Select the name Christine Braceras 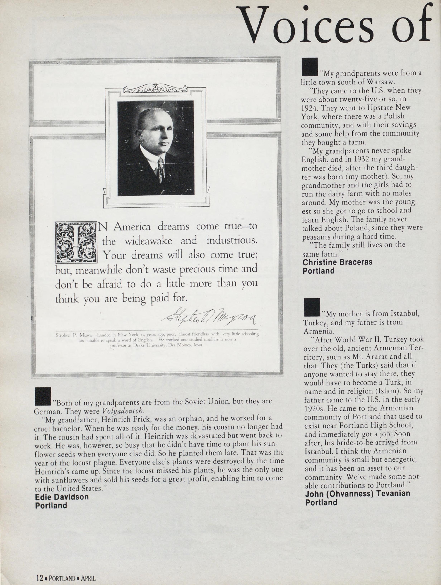337,262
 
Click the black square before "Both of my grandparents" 43,396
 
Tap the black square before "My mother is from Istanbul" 312,307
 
